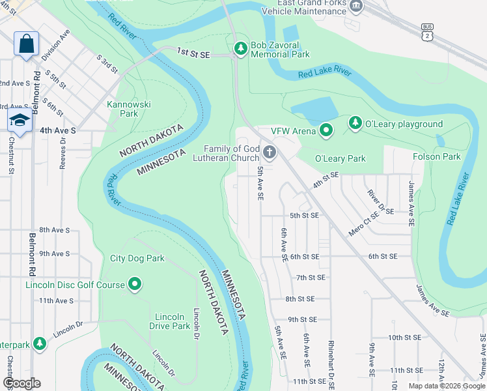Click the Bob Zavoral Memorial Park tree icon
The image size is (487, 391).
(x=240, y=48)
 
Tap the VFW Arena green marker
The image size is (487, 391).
(x=326, y=131)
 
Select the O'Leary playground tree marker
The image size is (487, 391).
(x=355, y=123)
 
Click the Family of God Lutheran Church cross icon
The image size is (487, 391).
(x=269, y=153)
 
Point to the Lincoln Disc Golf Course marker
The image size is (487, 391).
(x=135, y=284)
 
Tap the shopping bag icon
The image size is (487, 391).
(x=26, y=44)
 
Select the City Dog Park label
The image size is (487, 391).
(x=137, y=259)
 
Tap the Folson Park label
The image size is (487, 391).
(x=436, y=156)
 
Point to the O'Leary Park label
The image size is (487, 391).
(x=340, y=158)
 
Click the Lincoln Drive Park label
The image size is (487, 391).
(x=169, y=321)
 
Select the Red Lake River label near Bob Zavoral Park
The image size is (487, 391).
(x=325, y=71)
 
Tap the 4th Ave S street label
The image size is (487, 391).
(x=57, y=130)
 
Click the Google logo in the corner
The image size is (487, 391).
(x=21, y=383)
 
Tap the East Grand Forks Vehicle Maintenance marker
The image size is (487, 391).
(x=355, y=6)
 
